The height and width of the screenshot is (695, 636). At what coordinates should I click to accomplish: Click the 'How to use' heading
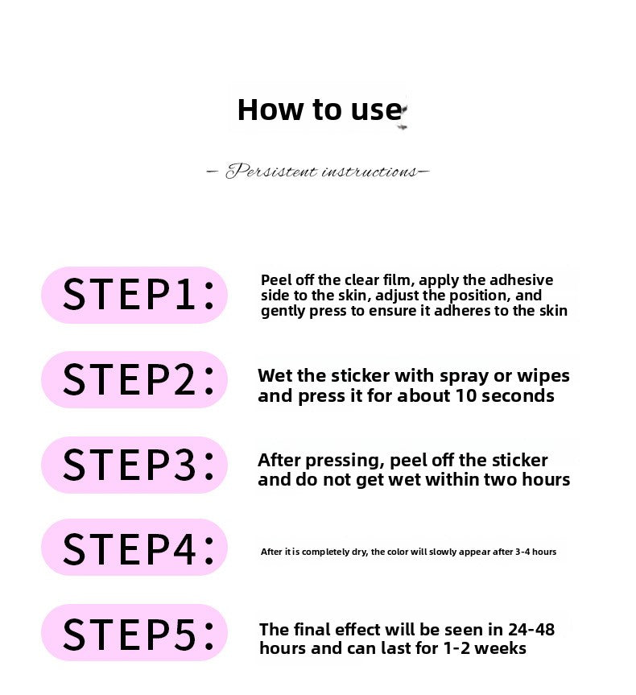pyautogui.click(x=320, y=110)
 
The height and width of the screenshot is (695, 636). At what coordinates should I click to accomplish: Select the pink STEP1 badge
pyautogui.click(x=134, y=295)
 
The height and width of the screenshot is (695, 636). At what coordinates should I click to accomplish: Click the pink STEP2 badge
pyautogui.click(x=134, y=380)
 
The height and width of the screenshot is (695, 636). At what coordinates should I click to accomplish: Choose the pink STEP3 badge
pyautogui.click(x=134, y=465)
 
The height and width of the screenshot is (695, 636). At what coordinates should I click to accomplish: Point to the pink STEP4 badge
pyautogui.click(x=134, y=548)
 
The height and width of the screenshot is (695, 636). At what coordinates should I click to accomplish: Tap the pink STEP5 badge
pyautogui.click(x=134, y=632)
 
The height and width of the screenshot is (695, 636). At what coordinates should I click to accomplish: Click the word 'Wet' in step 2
pyautogui.click(x=275, y=375)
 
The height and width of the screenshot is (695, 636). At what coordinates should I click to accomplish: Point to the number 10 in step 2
pyautogui.click(x=466, y=395)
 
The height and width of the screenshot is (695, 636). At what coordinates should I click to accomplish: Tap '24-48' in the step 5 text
pyautogui.click(x=531, y=630)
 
